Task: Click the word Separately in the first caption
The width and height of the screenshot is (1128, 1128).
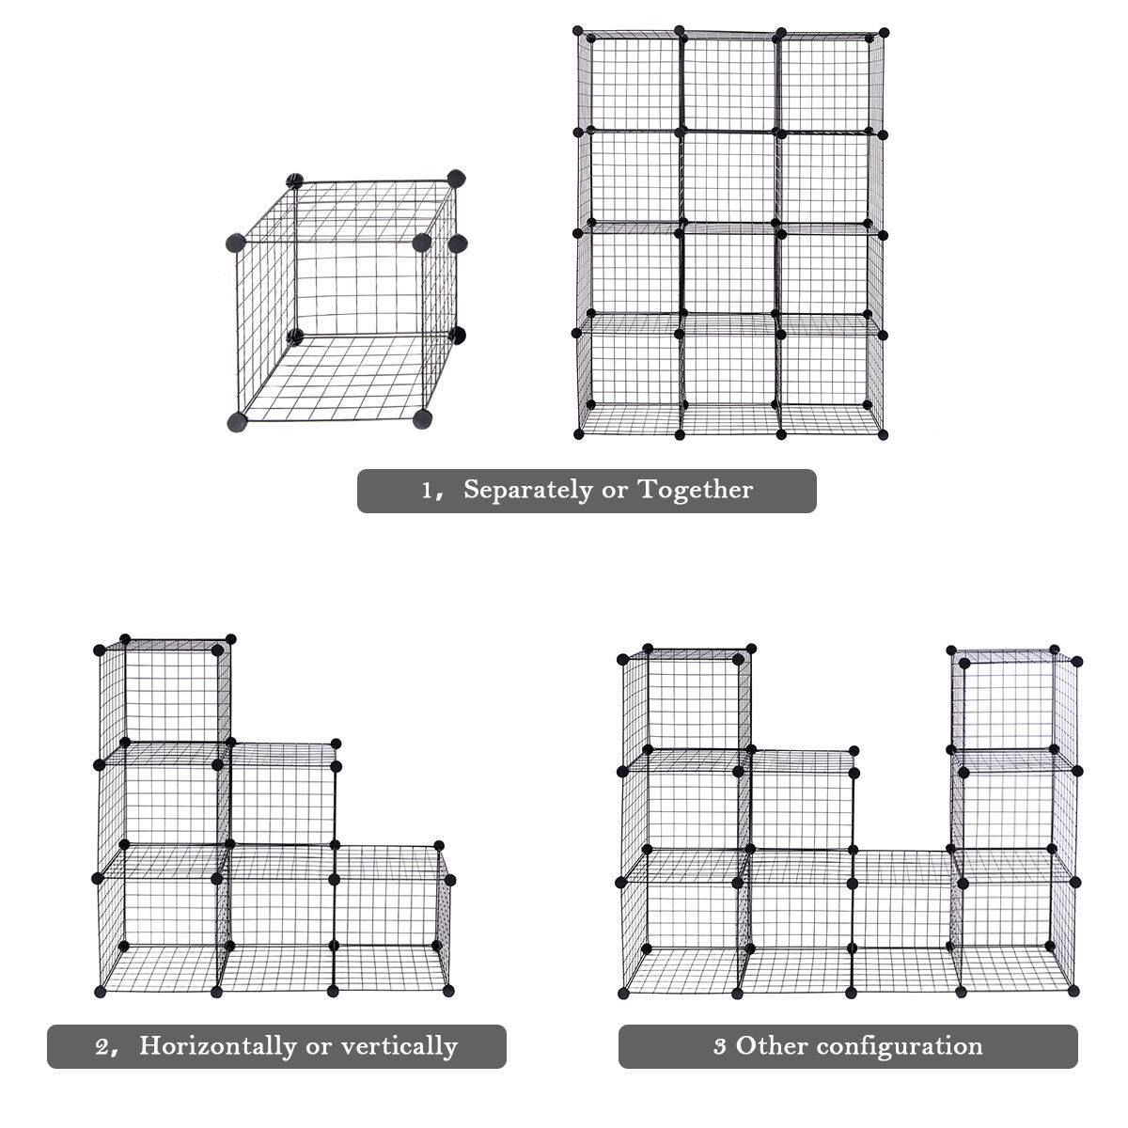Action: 528,490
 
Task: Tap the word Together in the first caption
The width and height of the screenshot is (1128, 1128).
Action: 696,490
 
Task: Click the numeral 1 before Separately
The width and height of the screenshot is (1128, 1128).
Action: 426,491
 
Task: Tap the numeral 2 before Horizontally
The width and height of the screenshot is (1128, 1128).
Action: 102,1046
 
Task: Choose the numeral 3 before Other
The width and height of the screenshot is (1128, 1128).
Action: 720,1046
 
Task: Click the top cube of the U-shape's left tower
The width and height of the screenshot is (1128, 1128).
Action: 681,705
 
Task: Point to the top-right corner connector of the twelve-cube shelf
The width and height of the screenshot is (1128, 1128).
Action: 883,34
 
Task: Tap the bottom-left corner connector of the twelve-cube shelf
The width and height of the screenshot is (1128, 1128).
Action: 580,434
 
